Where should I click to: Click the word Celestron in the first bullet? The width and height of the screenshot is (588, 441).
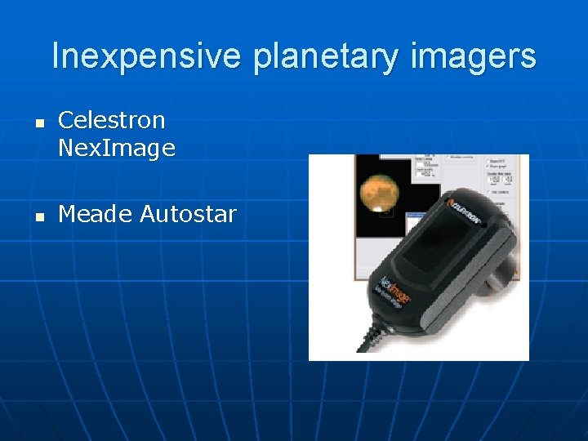[112, 120]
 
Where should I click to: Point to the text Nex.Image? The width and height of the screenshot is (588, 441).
[117, 148]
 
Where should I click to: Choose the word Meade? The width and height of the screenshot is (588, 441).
[96, 214]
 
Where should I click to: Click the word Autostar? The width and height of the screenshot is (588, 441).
[188, 214]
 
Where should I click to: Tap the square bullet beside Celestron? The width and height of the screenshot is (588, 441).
[37, 122]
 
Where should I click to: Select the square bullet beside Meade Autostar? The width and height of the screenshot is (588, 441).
[37, 216]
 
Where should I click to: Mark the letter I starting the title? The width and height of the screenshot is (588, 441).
[56, 56]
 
